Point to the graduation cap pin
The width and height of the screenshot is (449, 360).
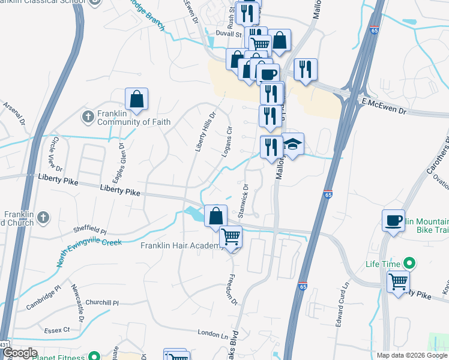coord(292,145)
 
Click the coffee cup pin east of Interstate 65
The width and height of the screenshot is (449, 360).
coord(393,220)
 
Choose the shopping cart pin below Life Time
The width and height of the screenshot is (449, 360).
coord(398,281)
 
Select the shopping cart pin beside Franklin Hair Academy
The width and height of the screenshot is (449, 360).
coord(231,238)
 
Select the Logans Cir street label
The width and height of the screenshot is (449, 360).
coord(226,142)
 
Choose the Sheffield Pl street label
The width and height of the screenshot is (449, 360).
coord(89,231)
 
